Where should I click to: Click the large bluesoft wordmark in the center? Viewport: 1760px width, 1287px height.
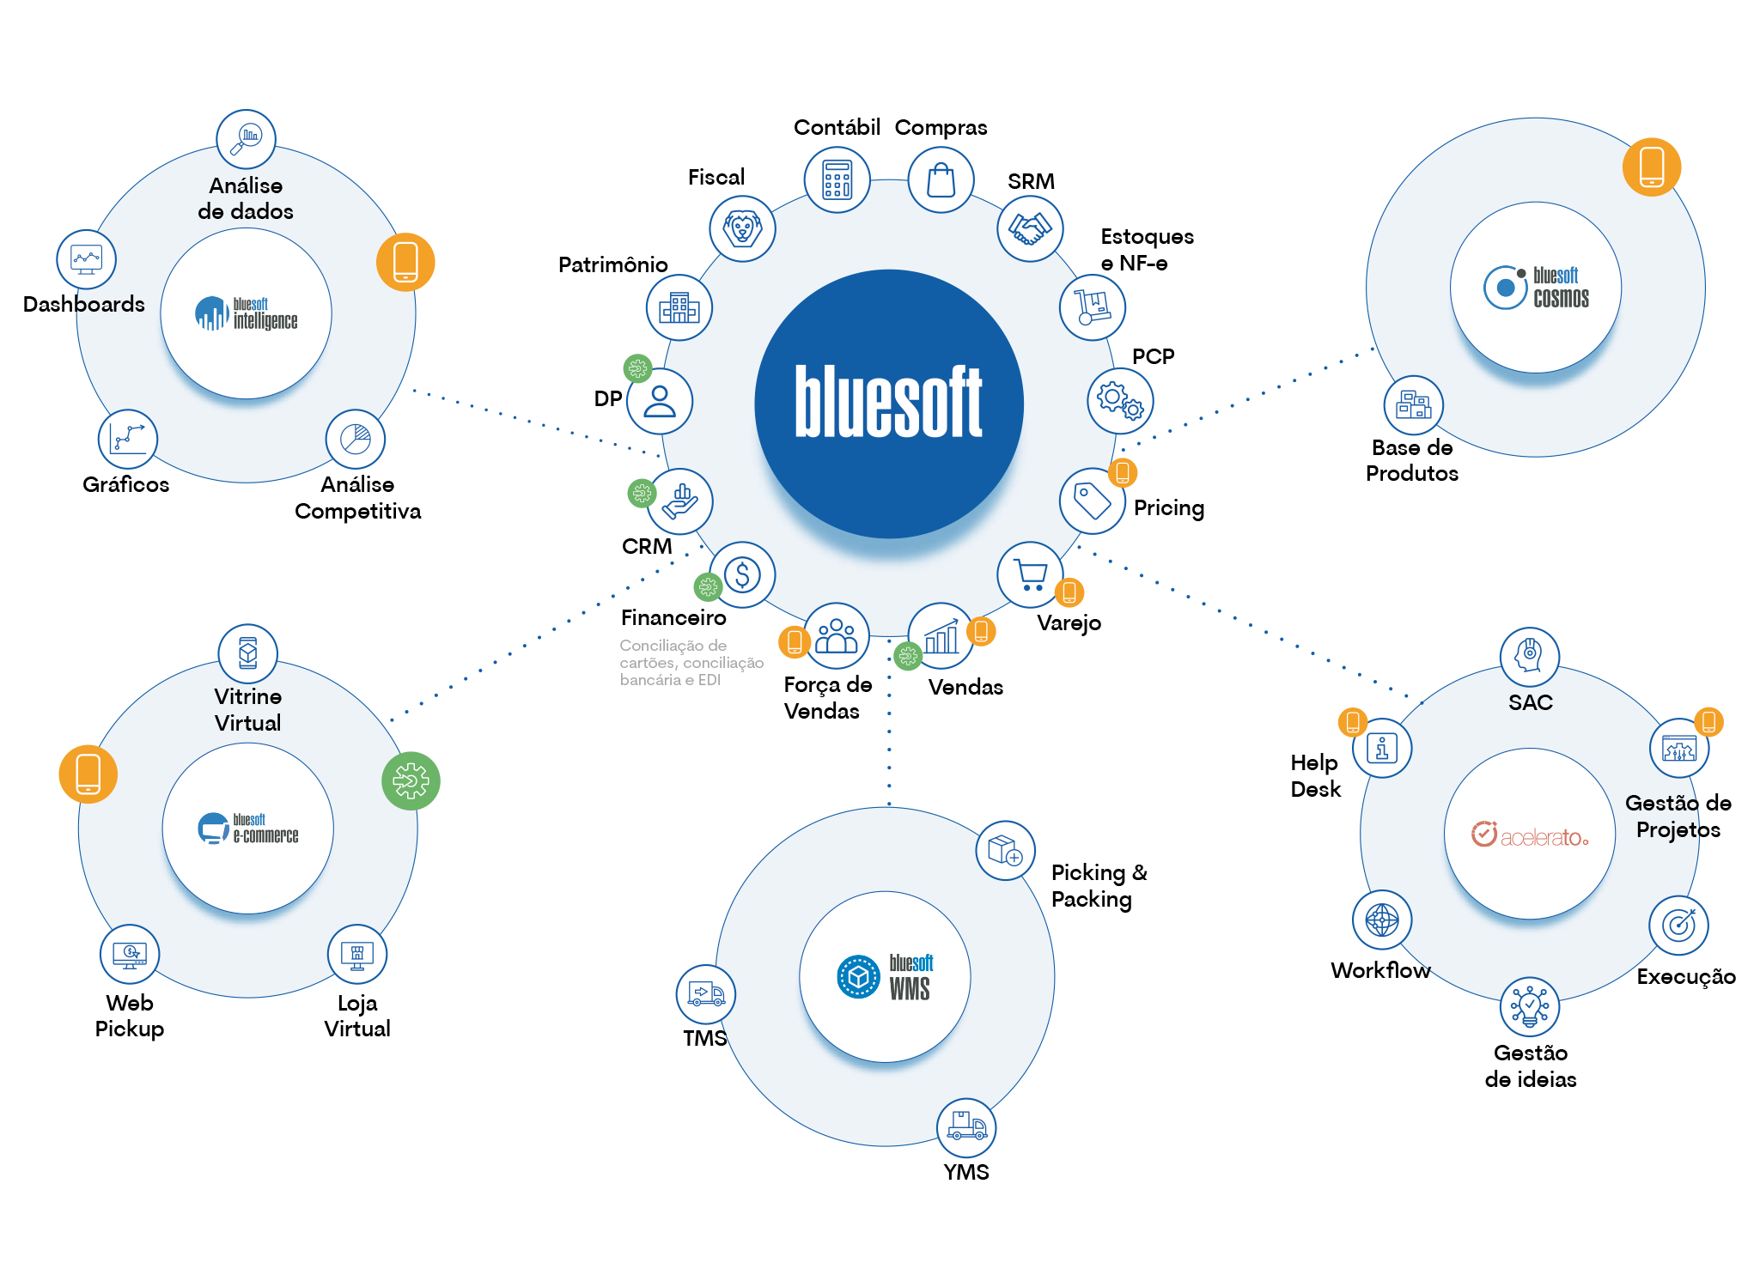888,402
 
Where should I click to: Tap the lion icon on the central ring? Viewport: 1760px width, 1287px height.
742,228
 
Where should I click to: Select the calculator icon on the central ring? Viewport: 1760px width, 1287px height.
837,179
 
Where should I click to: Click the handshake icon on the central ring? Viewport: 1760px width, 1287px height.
1030,228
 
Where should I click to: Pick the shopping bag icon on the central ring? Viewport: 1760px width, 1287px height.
941,179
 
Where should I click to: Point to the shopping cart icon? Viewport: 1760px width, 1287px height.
1030,574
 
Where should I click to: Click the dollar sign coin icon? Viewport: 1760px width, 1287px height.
742,574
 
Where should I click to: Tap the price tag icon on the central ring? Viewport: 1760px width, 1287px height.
1092,501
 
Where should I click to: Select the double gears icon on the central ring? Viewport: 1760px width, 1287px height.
1120,401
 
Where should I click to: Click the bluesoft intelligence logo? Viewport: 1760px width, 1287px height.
247,313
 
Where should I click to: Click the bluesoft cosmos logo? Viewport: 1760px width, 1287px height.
1536,288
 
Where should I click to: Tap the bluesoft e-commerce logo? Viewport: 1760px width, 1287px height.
248,829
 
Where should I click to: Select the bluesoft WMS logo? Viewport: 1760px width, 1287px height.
885,977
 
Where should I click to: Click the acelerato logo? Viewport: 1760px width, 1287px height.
1530,835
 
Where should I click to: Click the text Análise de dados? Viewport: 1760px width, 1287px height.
246,198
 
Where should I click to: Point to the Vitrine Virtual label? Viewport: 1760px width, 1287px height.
247,709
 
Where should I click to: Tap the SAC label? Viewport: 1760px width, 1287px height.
1530,702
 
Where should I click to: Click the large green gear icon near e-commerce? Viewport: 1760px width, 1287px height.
411,780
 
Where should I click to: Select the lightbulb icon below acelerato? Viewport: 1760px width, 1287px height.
1529,1006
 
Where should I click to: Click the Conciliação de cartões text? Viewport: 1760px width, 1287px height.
691,662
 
